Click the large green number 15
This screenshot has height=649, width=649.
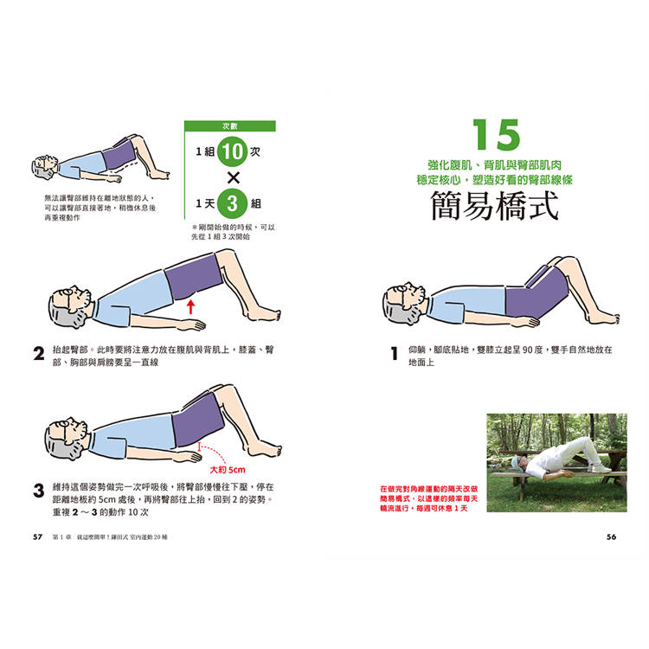(496, 134)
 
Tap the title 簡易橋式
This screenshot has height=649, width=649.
(495, 206)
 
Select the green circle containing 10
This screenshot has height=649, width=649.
(232, 151)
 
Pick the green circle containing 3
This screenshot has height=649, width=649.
(232, 203)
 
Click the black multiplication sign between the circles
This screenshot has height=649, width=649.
(234, 178)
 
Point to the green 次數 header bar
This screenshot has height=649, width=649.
(229, 125)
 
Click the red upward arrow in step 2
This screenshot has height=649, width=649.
(190, 306)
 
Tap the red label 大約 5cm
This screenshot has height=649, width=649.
(228, 470)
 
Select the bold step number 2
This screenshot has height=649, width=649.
(38, 353)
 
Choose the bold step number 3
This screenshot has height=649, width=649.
(38, 491)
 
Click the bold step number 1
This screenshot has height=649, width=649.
(394, 353)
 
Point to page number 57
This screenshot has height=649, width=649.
(38, 537)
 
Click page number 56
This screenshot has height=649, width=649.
(611, 537)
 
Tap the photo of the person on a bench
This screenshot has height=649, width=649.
(556, 463)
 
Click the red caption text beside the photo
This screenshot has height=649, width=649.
(429, 498)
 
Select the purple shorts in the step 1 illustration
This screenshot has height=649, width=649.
(536, 294)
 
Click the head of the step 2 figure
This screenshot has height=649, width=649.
(69, 306)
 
